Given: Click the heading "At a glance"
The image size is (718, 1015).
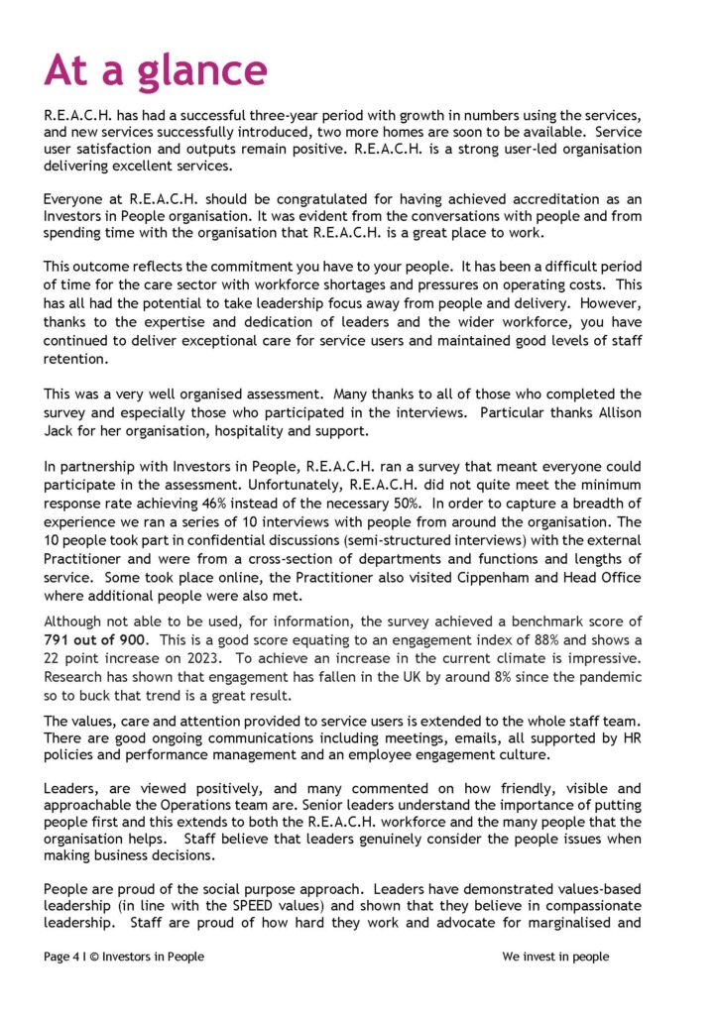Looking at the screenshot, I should tap(156, 71).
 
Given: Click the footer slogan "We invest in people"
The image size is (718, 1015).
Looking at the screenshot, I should tap(555, 957).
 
